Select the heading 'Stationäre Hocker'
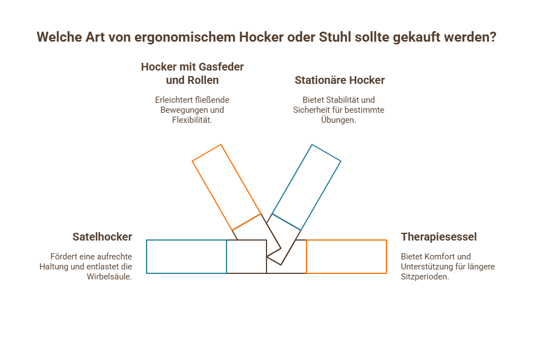[x=340, y=80]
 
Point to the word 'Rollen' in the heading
[x=203, y=80]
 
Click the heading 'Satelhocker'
[x=102, y=237]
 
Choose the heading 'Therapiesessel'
[x=439, y=237]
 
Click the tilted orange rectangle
[x=227, y=187]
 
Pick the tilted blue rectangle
[x=306, y=187]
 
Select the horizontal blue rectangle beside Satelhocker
[x=187, y=257]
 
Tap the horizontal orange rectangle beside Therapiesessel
[x=346, y=257]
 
